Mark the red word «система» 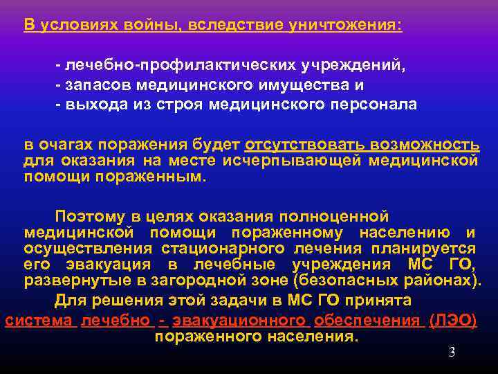[x=39, y=320]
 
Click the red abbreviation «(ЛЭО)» [x=453, y=320]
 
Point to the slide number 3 [x=452, y=353]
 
